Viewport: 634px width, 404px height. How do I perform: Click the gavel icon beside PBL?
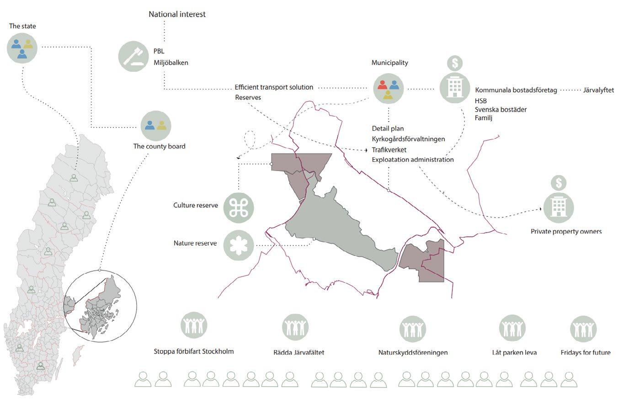[x=133, y=56]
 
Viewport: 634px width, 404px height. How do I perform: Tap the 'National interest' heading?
[x=177, y=14]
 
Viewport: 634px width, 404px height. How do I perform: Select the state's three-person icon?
[x=22, y=48]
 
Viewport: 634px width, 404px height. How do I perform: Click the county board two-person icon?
[x=156, y=125]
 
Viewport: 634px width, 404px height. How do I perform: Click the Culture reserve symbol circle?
[x=239, y=207]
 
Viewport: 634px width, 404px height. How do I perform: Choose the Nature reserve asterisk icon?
[x=239, y=245]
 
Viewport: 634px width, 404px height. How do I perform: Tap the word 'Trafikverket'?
[x=389, y=149]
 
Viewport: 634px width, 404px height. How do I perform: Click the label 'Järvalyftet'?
[x=598, y=90]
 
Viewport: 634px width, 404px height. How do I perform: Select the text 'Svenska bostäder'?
[x=501, y=110]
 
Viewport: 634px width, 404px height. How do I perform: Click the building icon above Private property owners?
[x=559, y=207]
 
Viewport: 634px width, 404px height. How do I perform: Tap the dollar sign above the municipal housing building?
[x=455, y=63]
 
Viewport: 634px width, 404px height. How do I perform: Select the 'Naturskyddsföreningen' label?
[x=413, y=352]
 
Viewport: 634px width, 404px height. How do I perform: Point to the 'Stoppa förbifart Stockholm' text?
[x=194, y=351]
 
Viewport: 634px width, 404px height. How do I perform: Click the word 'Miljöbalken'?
[x=170, y=63]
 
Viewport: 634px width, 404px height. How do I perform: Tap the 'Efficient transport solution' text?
[x=274, y=87]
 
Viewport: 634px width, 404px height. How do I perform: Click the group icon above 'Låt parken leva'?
[x=512, y=328]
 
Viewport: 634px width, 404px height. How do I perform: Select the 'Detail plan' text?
[x=388, y=128]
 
